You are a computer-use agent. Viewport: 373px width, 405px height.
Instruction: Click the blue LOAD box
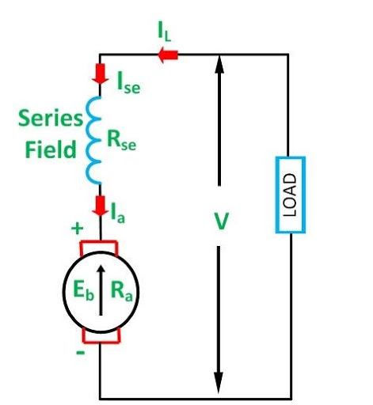290,195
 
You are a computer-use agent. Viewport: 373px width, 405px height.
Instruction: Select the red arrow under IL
169,55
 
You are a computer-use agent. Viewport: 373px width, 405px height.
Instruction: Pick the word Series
51,119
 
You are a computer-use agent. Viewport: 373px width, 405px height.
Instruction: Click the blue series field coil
95,138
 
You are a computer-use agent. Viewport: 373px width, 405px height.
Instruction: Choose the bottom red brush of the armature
101,339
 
